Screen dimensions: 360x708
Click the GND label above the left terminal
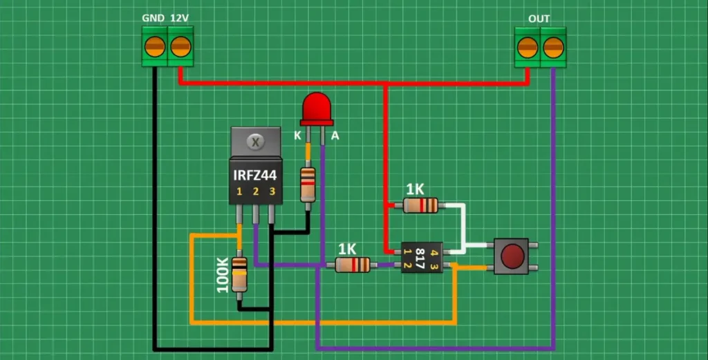tap(153, 17)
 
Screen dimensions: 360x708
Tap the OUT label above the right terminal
tap(539, 19)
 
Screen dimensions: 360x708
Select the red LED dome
tap(316, 107)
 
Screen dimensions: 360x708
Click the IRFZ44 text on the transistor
tap(254, 176)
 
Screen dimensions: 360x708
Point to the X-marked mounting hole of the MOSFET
tap(255, 142)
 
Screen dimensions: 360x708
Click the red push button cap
tap(512, 256)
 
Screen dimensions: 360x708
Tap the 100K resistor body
tap(239, 274)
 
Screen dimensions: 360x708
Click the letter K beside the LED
tap(297, 136)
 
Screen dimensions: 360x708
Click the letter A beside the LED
tap(335, 136)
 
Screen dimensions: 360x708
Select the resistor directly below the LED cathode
tap(308, 184)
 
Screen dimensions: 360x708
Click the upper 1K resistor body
tap(420, 205)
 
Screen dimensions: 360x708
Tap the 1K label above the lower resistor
tap(347, 249)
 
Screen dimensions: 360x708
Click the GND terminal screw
tap(154, 47)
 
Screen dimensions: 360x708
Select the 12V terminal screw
tap(180, 47)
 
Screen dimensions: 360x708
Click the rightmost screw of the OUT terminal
tap(553, 48)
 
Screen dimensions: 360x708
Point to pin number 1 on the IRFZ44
tap(239, 191)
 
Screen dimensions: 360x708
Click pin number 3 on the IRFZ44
tap(272, 191)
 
